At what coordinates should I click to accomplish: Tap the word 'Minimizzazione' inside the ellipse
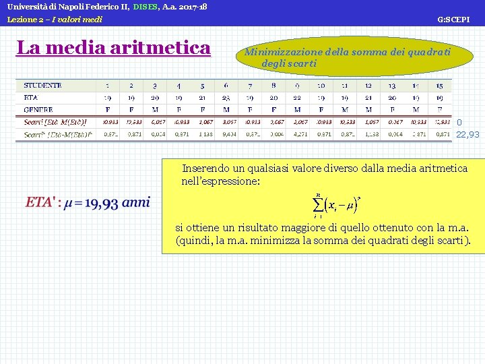click(x=283, y=51)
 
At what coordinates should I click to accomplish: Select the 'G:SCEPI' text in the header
click(x=453, y=20)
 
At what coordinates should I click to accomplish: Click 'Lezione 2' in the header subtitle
click(x=25, y=20)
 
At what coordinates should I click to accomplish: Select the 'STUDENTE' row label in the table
click(x=42, y=86)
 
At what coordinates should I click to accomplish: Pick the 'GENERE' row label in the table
click(x=38, y=109)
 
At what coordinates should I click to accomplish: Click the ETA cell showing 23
click(x=226, y=98)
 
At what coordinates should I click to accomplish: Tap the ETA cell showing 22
click(x=297, y=98)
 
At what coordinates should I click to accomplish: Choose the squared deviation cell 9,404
click(x=226, y=134)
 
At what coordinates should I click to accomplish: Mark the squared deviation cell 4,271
click(x=297, y=134)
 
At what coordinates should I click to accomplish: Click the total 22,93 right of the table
click(x=467, y=134)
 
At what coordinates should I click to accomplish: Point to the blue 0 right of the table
click(x=459, y=123)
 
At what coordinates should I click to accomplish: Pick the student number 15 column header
click(x=439, y=86)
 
